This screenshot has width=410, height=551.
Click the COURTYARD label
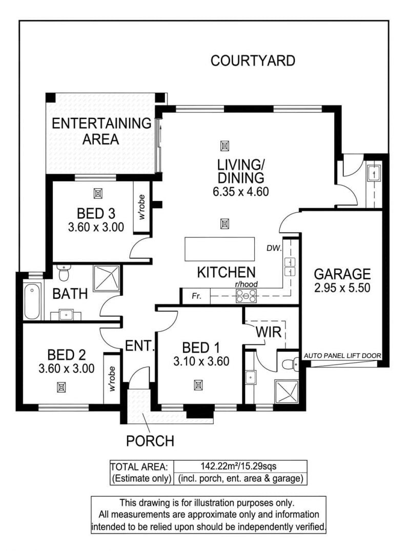pyautogui.click(x=253, y=61)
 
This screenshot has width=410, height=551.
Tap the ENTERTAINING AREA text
pyautogui.click(x=101, y=131)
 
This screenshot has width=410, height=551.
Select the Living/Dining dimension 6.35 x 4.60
pyautogui.click(x=241, y=192)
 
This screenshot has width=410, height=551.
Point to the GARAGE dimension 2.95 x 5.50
pyautogui.click(x=342, y=288)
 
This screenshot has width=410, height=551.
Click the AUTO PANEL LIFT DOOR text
pyautogui.click(x=342, y=356)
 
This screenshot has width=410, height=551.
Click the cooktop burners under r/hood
pyautogui.click(x=247, y=296)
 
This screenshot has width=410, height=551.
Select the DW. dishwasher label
pyautogui.click(x=274, y=248)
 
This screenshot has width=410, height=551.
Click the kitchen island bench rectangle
pyautogui.click(x=219, y=249)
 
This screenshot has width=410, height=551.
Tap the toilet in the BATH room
pyautogui.click(x=64, y=273)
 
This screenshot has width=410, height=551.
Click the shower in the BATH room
pyautogui.click(x=106, y=279)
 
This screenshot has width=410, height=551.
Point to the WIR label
pyautogui.click(x=269, y=332)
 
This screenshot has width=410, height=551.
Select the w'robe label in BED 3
pyautogui.click(x=142, y=207)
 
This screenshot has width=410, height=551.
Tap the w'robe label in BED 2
pyautogui.click(x=112, y=379)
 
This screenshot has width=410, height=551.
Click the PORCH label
pyautogui.click(x=150, y=441)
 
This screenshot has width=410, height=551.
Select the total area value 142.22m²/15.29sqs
pyautogui.click(x=238, y=466)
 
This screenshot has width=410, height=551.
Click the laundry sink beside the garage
pyautogui.click(x=374, y=172)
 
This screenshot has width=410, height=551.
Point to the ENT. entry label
pyautogui.click(x=140, y=346)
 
